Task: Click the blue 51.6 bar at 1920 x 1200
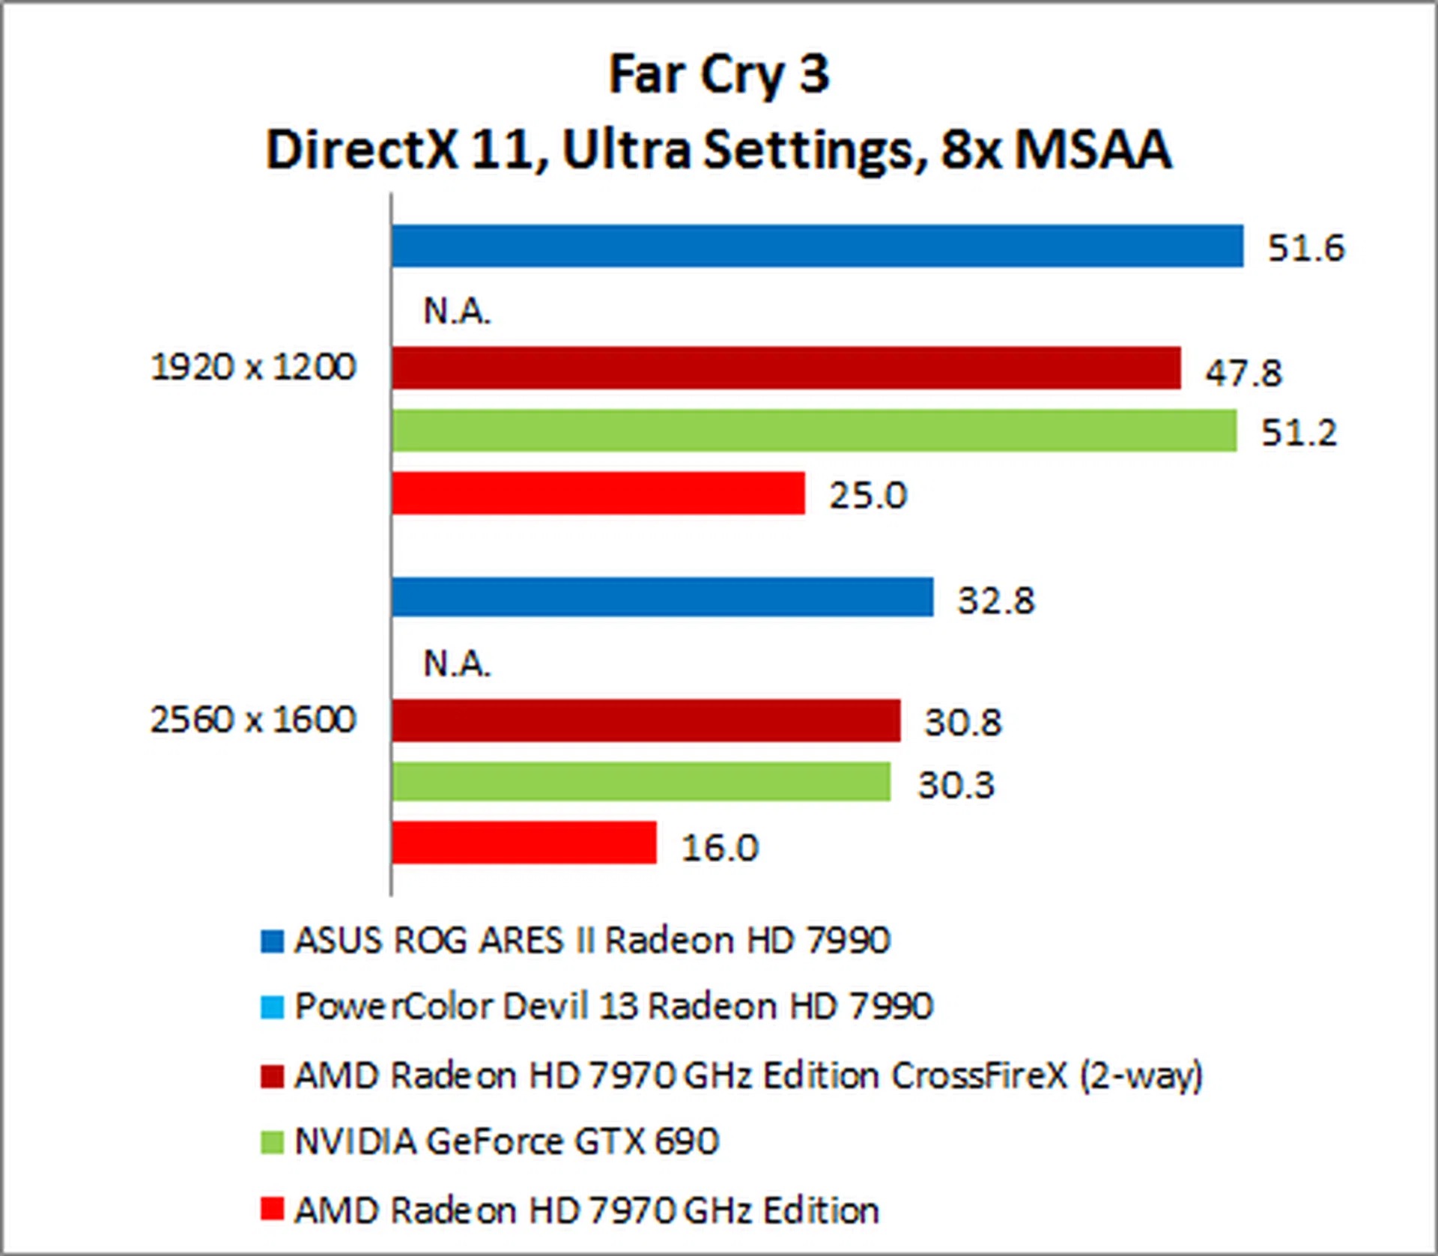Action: click(816, 246)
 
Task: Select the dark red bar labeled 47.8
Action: click(786, 368)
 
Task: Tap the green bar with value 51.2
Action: click(813, 431)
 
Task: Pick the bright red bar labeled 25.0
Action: click(598, 493)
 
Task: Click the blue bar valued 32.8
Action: click(662, 598)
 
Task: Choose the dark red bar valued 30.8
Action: click(646, 720)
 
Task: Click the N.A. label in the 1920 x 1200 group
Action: click(457, 311)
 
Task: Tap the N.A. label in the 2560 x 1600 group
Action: click(457, 664)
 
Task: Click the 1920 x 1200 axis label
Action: click(253, 367)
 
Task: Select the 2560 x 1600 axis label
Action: click(253, 720)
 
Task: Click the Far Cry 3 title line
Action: click(719, 74)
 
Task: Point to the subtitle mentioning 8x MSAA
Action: click(719, 150)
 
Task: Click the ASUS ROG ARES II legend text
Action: click(592, 941)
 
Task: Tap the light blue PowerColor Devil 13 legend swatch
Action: click(272, 1007)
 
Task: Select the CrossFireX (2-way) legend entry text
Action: click(748, 1076)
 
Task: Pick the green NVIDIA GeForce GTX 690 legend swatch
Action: click(272, 1142)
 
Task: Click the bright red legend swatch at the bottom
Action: click(272, 1209)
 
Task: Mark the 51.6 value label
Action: click(1305, 248)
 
